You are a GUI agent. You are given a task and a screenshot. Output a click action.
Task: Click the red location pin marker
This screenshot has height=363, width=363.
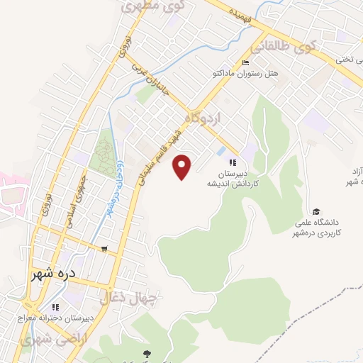(x=184, y=167)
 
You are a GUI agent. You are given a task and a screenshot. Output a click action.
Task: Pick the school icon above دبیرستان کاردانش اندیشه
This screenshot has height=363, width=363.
(x=232, y=162)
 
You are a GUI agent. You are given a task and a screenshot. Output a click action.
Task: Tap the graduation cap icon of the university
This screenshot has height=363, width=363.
(x=316, y=211)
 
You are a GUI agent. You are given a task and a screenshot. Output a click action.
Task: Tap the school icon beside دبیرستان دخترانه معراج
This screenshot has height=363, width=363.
(x=55, y=307)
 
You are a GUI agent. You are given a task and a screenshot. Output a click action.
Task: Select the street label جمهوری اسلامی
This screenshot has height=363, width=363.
(x=77, y=202)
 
